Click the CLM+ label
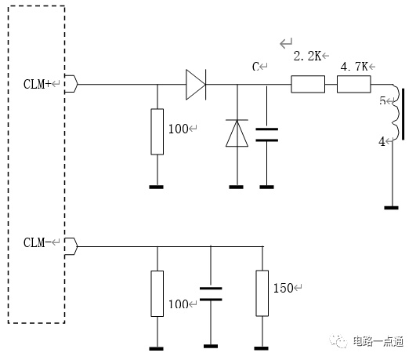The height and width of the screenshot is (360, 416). point(37,84)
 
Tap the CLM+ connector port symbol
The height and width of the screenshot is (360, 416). point(71,84)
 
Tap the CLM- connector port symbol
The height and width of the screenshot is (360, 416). point(71,246)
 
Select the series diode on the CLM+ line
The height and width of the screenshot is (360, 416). point(196,85)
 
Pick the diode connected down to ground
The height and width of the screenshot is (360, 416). point(237,133)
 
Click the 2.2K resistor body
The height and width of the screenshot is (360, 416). point(308,84)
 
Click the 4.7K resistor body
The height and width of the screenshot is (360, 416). point(354,84)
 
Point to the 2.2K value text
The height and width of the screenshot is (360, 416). point(308,56)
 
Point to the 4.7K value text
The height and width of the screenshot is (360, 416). point(354,67)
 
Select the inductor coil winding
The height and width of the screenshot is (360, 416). point(395,111)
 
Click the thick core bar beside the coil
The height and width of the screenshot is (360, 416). point(403,115)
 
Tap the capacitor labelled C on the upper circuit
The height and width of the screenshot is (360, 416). point(266,135)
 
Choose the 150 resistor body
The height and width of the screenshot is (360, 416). point(262,293)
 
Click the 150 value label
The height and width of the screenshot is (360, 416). point(284,289)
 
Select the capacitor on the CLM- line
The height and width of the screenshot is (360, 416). point(211,294)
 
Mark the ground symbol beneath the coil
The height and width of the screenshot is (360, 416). point(392,208)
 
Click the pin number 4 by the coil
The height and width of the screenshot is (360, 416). point(382,142)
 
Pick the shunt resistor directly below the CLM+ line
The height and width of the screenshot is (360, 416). point(157,132)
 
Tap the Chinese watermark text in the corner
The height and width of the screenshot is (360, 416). point(378,341)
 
